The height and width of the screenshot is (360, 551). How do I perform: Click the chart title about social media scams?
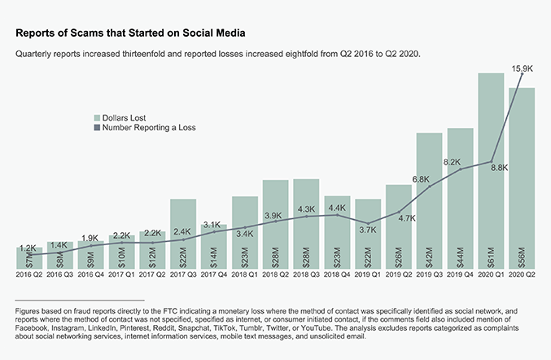131,32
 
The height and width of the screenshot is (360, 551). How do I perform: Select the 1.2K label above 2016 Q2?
28,248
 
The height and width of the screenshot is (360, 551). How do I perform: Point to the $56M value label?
523,255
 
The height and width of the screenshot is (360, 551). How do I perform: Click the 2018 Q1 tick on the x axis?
244,275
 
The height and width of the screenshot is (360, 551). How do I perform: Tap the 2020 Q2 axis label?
523,275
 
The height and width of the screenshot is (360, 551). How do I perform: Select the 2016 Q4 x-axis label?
90,275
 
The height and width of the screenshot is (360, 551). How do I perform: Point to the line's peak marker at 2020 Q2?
522,74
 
